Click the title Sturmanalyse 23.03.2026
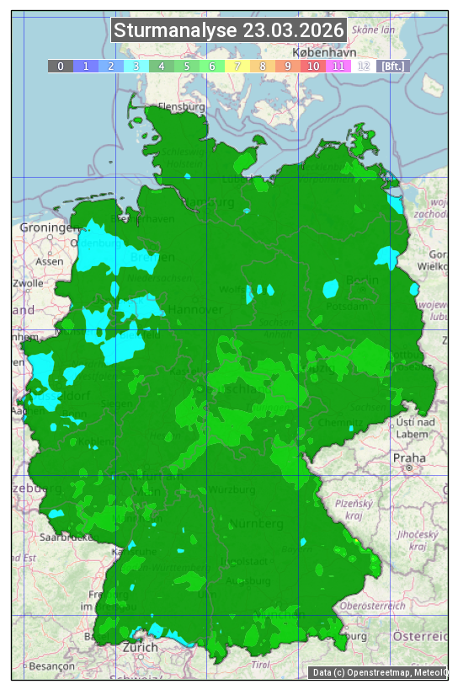pyautogui.click(x=229, y=31)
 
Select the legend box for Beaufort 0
pyautogui.click(x=61, y=66)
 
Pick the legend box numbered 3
pyautogui.click(x=136, y=66)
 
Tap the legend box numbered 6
pyautogui.click(x=212, y=66)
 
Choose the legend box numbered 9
pyautogui.click(x=288, y=66)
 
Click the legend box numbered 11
pyautogui.click(x=338, y=66)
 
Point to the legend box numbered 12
pyautogui.click(x=364, y=66)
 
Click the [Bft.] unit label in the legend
pyautogui.click(x=392, y=66)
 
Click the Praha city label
pyautogui.click(x=408, y=457)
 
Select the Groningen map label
pyautogui.click(x=47, y=227)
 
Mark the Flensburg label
pyautogui.click(x=181, y=108)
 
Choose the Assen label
pyautogui.click(x=50, y=261)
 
